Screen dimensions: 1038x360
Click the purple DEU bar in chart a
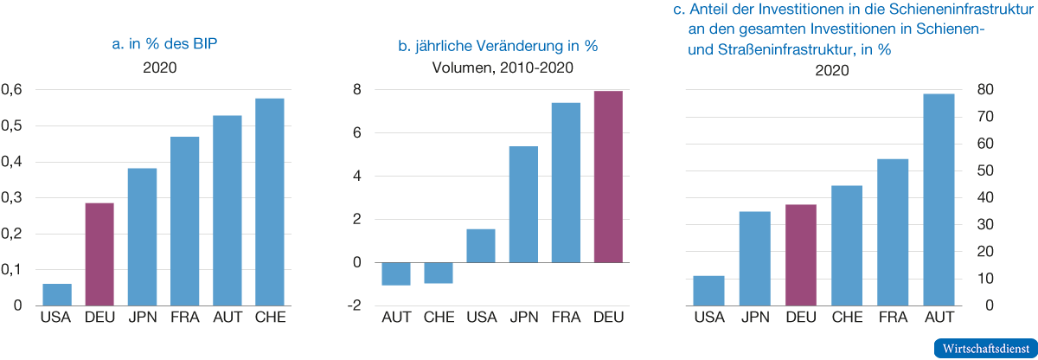pos(99,254)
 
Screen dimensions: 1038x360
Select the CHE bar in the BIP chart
pos(270,202)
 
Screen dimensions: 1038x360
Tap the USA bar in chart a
pos(57,295)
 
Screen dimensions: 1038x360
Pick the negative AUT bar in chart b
pos(396,273)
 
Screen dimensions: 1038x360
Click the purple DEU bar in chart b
pos(608,177)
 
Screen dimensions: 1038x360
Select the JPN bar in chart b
pos(523,204)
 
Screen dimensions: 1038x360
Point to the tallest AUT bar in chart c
pos(939,200)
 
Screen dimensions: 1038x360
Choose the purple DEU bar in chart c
pos(801,254)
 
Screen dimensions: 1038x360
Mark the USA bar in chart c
pos(709,291)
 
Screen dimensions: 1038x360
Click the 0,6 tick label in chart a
pos(11,89)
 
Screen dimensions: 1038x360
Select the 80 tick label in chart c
pos(984,89)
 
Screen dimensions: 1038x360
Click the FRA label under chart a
pos(185,318)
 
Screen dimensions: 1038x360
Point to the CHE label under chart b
pos(439,318)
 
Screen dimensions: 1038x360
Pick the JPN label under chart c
pos(755,318)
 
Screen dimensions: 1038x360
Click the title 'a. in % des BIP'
pos(164,44)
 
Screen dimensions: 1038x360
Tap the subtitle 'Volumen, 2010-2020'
pos(503,68)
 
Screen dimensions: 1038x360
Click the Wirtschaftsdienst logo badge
pos(985,349)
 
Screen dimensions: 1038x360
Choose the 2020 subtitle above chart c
pos(832,70)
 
